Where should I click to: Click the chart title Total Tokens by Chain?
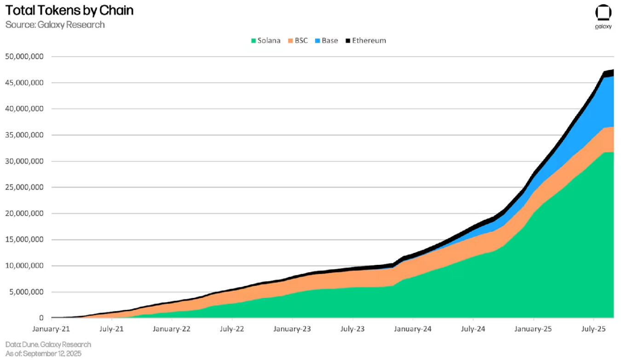click(69, 11)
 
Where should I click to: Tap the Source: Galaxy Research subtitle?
click(55, 25)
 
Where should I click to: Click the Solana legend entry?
click(265, 40)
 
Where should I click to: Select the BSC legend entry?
click(298, 40)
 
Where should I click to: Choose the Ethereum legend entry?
click(365, 40)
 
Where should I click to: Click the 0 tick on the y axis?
click(41, 318)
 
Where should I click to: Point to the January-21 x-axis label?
click(52, 329)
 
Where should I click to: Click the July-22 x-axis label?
click(232, 329)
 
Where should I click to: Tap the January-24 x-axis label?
click(413, 329)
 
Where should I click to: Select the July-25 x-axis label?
click(593, 329)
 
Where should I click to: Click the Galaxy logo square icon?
click(603, 12)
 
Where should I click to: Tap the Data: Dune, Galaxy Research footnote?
click(48, 344)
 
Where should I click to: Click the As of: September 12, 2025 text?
click(43, 353)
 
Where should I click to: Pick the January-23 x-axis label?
click(293, 329)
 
